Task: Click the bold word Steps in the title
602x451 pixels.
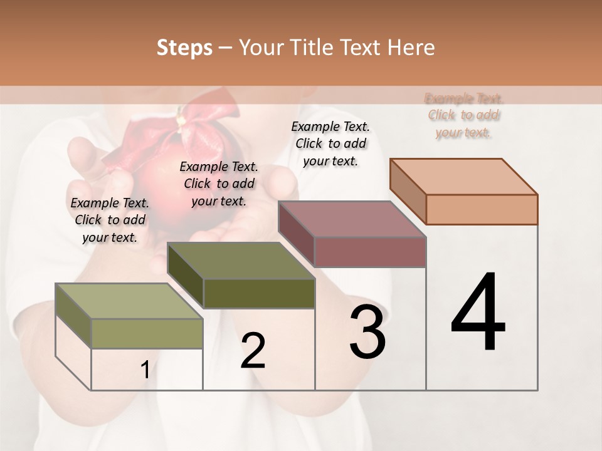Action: (184, 48)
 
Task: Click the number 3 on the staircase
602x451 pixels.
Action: (367, 332)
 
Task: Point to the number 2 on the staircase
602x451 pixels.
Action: (253, 351)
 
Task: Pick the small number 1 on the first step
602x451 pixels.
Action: (145, 370)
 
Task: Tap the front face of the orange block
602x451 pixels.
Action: (482, 209)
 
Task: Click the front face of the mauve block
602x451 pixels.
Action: (370, 252)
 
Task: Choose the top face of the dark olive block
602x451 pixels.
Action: (241, 261)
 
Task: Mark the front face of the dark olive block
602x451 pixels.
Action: (259, 293)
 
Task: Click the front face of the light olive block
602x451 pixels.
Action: (147, 333)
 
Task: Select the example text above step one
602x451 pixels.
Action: (110, 220)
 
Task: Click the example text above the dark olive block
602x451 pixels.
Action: (219, 184)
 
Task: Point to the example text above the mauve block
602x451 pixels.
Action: (330, 143)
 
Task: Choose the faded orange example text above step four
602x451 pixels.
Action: (464, 115)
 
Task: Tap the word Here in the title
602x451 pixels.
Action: (411, 48)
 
